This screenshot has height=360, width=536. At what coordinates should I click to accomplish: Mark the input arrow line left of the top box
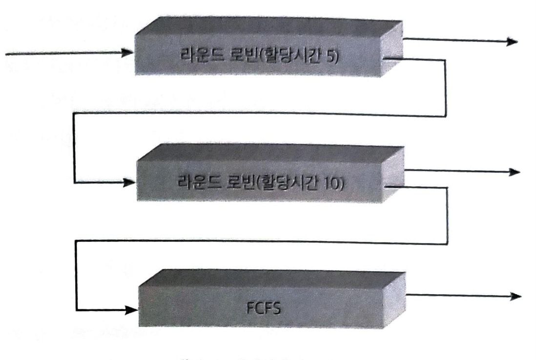(x=63, y=52)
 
